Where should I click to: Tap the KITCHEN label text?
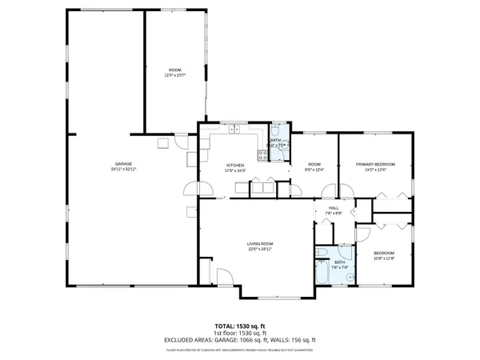point(234,164)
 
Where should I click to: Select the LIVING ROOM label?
point(260,243)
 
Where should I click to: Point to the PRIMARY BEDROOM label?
point(375,164)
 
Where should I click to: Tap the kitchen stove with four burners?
point(262,154)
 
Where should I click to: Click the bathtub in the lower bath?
point(322,273)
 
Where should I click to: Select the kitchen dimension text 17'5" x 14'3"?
point(234,170)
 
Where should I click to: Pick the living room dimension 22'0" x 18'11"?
point(260,249)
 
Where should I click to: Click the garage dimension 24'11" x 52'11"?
point(124,170)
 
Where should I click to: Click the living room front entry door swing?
point(226,277)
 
